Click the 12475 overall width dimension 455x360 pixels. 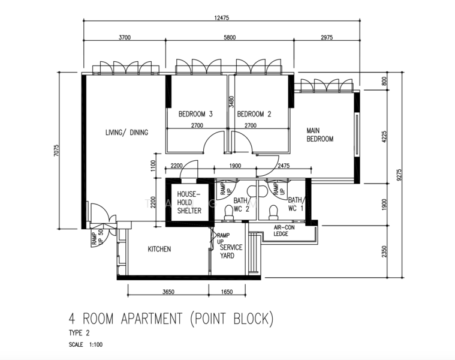222,18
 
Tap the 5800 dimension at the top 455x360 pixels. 230,37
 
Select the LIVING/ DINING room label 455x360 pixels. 127,133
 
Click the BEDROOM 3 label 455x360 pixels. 195,114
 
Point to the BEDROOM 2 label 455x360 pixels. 254,114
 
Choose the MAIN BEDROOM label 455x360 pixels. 320,135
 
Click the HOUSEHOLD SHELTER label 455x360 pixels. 189,202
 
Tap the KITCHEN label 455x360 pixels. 159,249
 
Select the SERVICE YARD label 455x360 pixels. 231,251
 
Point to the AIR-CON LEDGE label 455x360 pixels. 284,230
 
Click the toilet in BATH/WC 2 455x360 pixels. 229,213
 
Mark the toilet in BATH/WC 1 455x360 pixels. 273,213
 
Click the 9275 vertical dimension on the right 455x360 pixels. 399,175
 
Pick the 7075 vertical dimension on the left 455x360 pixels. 56,151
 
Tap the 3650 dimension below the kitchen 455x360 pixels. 168,292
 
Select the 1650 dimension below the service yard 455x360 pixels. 227,292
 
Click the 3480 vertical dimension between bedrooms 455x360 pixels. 231,102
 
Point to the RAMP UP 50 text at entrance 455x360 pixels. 97,238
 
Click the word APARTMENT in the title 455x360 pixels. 152,319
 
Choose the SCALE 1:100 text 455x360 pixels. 86,344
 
